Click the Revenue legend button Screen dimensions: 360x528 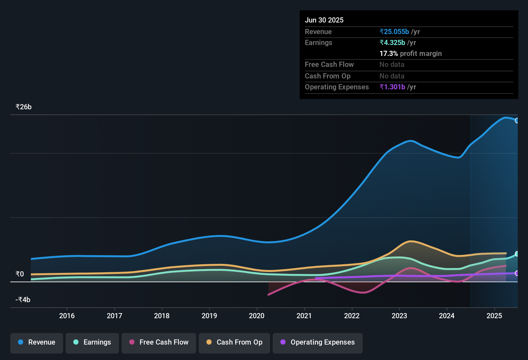[x=37, y=342]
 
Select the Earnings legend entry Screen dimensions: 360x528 [x=92, y=342]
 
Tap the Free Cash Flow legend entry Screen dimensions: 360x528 [x=159, y=342]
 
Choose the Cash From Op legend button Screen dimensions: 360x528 [x=234, y=342]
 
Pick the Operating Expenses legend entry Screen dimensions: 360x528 [x=318, y=342]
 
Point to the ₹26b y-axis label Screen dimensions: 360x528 [x=23, y=107]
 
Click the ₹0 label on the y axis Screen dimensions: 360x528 [x=20, y=274]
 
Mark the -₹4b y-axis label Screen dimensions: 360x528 [x=23, y=300]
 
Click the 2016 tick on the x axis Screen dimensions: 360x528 [x=67, y=316]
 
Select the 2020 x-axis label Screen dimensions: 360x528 [x=257, y=316]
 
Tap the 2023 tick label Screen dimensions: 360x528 [x=399, y=316]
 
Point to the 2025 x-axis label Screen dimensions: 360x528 [x=494, y=316]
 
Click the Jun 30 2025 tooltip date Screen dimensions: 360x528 [x=324, y=20]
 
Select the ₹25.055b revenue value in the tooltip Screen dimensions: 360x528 [x=394, y=32]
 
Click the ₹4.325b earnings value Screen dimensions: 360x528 [x=392, y=42]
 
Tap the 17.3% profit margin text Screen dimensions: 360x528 [x=411, y=53]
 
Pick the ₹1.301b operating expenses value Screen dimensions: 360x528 [x=392, y=87]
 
